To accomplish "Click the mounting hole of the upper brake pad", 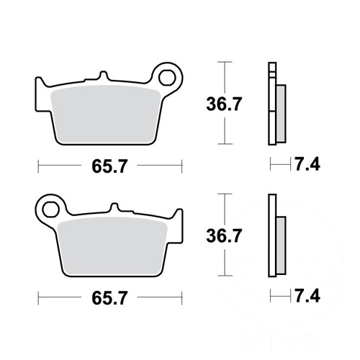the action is coord(167,78).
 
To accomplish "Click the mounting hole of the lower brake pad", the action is coord(50,210).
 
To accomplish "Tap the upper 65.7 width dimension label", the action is coord(109,166).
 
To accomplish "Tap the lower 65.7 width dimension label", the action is coord(109,298).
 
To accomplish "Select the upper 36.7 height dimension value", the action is coord(224,104).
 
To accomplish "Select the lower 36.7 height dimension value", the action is coord(224,235).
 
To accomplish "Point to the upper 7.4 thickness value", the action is coord(307,164).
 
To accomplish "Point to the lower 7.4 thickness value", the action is coord(307,296).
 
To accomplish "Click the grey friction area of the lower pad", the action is coord(112,246).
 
